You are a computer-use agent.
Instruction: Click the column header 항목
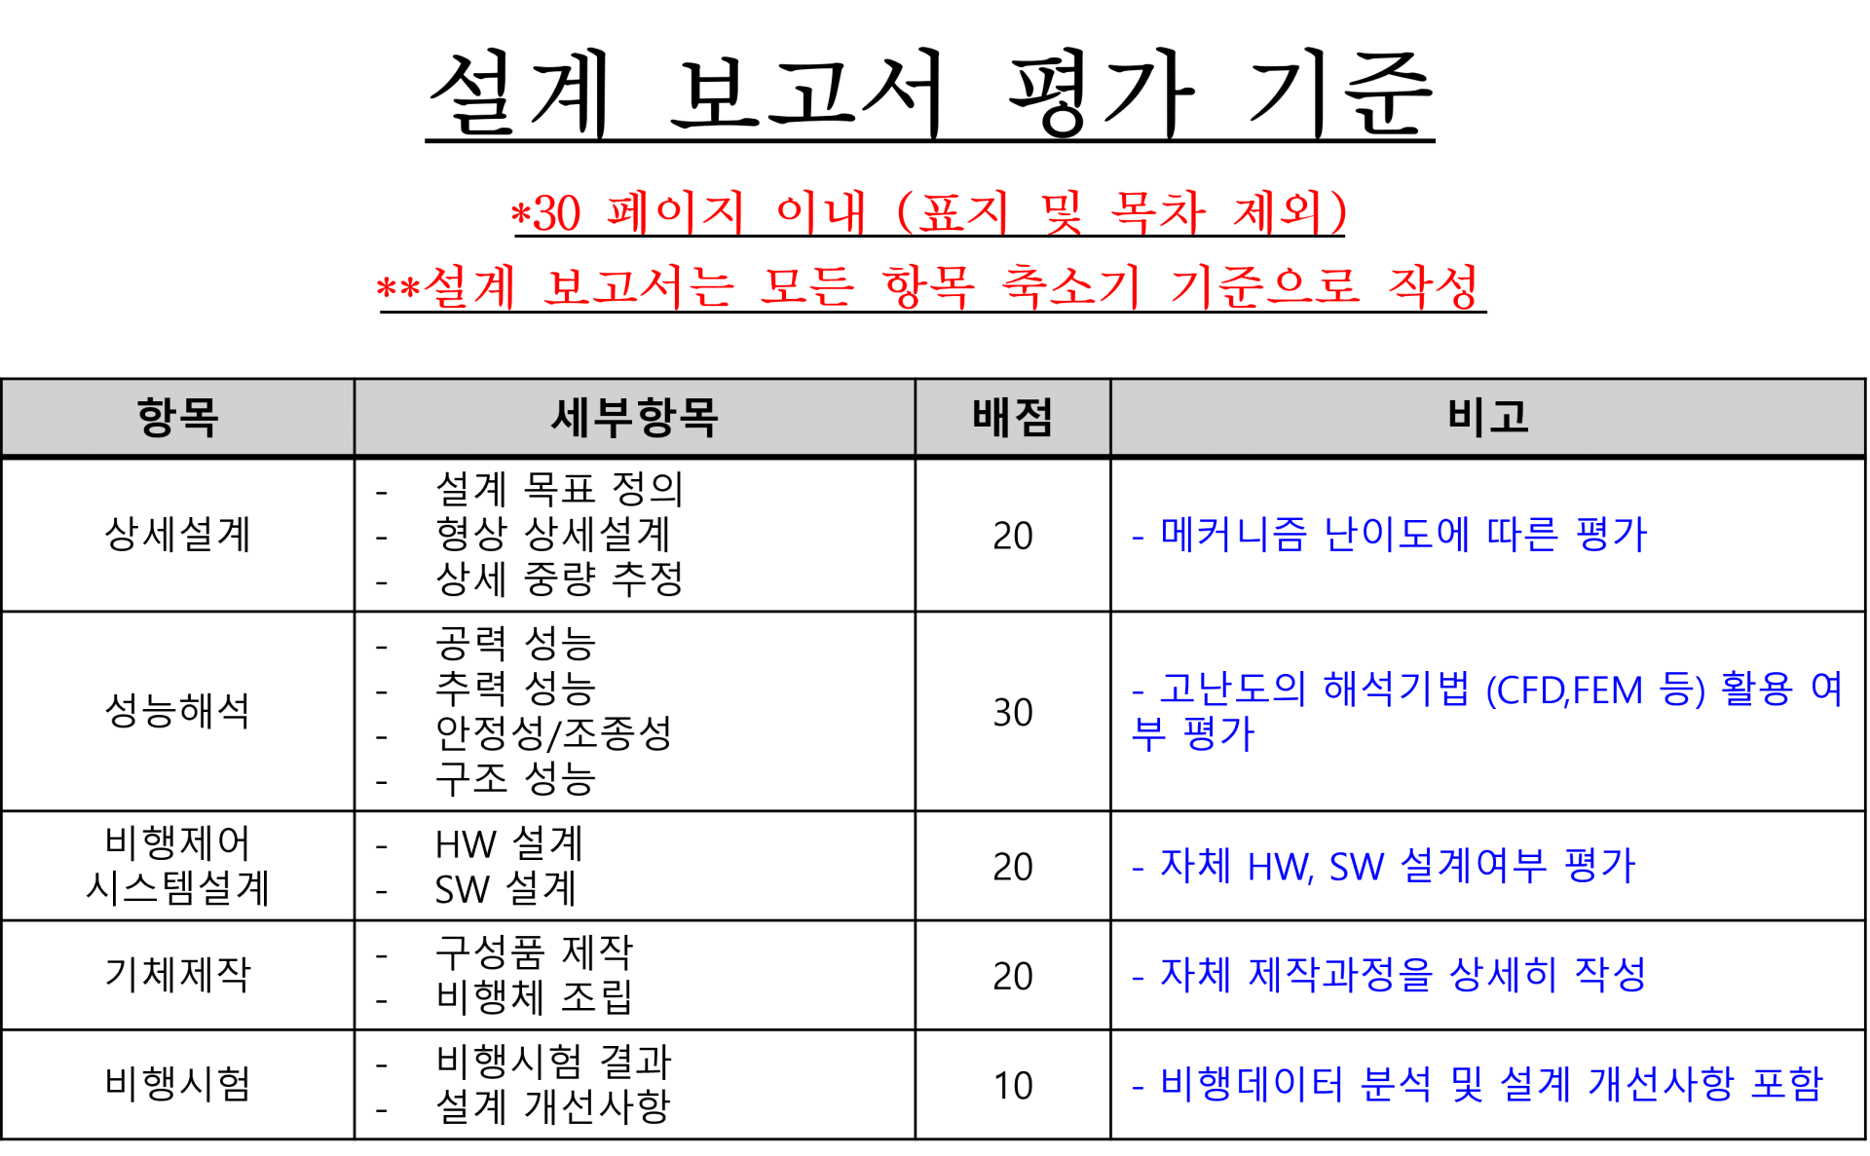click(177, 418)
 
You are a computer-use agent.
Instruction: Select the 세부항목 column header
click(634, 418)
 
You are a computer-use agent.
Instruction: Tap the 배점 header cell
click(1012, 418)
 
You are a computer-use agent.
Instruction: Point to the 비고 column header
click(1487, 417)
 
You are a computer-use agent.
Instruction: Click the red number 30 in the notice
click(557, 213)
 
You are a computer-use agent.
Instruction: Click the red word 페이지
click(675, 212)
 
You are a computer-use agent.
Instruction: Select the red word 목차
click(1158, 212)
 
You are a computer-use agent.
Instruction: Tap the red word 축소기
click(1070, 286)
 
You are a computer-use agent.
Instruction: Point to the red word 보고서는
click(638, 286)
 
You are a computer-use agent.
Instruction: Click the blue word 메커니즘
click(1233, 534)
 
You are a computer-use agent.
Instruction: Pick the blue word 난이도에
click(1397, 534)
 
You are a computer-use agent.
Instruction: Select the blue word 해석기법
click(1396, 690)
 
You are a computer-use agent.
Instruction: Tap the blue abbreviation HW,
click(1280, 867)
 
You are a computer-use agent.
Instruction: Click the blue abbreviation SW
click(1356, 867)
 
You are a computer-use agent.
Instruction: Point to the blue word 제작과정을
click(1340, 975)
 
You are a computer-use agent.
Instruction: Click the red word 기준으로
click(1264, 286)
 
